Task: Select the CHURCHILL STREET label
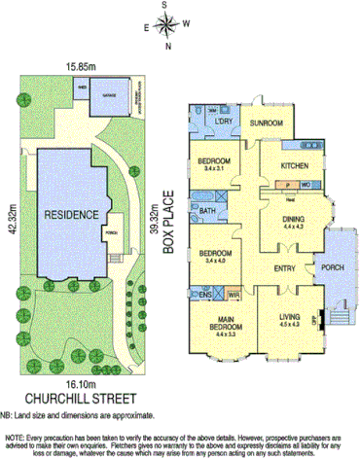80,397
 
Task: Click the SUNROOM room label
266,123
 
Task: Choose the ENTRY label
286,269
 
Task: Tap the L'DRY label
224,122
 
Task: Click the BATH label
207,210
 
